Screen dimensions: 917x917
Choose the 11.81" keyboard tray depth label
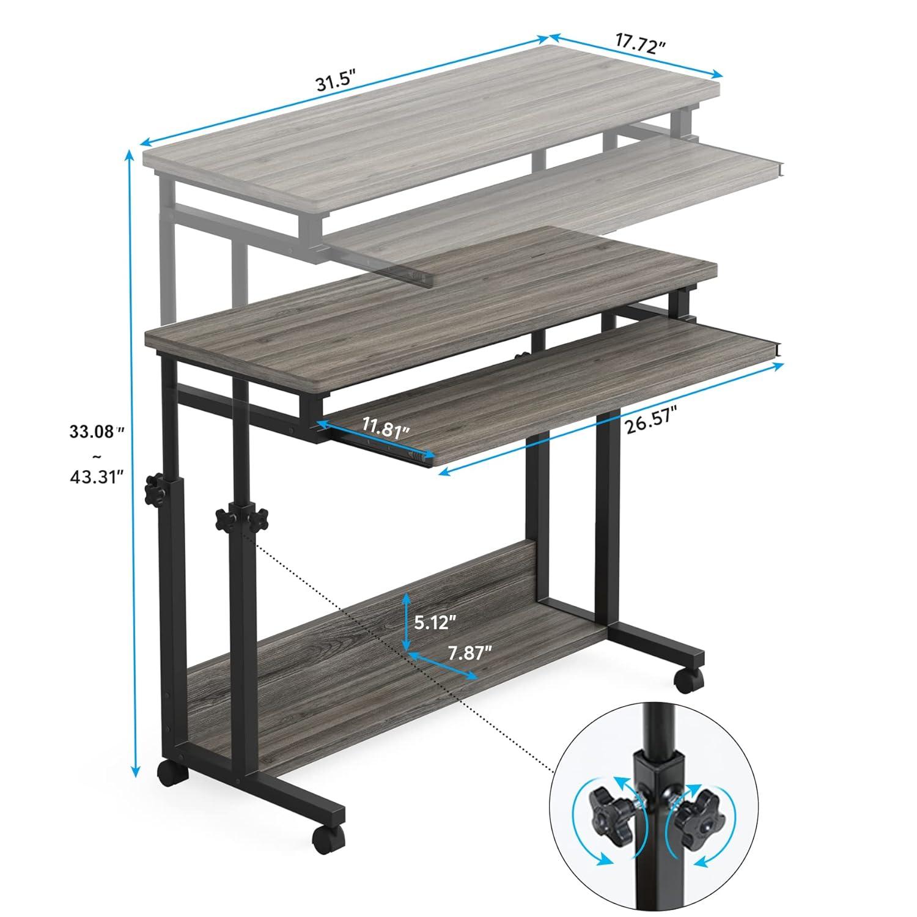pyautogui.click(x=385, y=429)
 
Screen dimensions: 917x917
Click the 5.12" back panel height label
pyautogui.click(x=435, y=622)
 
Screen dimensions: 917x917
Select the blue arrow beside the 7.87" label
pyautogui.click(x=443, y=666)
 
